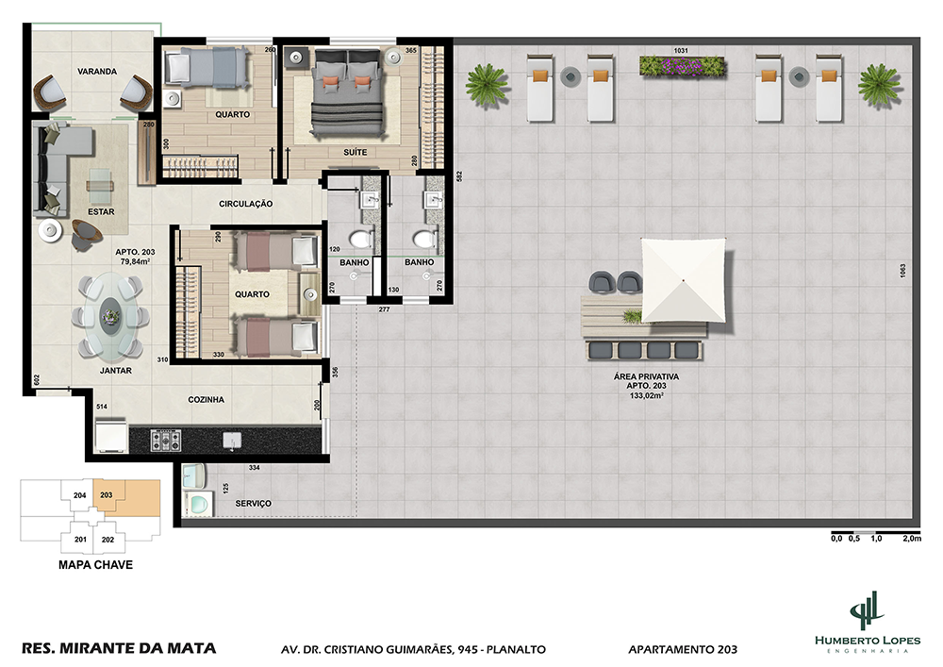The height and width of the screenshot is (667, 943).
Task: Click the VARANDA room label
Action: [x=97, y=72]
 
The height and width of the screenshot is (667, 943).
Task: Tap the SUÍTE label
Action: [x=355, y=152]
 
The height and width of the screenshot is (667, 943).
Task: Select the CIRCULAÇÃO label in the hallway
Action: [x=245, y=204]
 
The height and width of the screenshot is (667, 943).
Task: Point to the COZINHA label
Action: [x=206, y=399]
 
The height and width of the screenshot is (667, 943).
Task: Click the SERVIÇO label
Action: [x=253, y=504]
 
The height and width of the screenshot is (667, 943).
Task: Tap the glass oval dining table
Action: [x=110, y=314]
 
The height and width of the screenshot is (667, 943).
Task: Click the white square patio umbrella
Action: [x=684, y=280]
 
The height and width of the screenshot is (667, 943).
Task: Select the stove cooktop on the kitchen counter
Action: [x=165, y=441]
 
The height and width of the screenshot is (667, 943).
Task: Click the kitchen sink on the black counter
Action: [x=232, y=441]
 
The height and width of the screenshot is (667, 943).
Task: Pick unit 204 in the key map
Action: [x=80, y=495]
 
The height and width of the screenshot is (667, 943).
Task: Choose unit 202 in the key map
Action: [x=108, y=540]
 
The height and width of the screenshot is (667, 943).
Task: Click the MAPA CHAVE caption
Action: [x=95, y=565]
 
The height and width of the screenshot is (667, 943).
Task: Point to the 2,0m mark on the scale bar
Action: [x=912, y=539]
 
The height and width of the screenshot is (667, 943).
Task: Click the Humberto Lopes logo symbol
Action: [x=867, y=611]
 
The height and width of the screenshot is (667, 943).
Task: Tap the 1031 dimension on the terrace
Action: [x=681, y=51]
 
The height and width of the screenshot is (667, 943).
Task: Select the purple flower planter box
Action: [x=683, y=66]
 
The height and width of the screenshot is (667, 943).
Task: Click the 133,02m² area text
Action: [x=647, y=395]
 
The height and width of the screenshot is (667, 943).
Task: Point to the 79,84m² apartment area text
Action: [x=135, y=261]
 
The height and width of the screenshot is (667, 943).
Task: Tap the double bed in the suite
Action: [x=348, y=93]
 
